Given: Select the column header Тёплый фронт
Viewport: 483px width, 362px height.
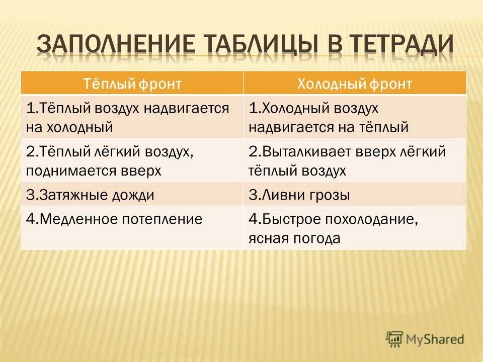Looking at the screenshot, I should (x=132, y=83).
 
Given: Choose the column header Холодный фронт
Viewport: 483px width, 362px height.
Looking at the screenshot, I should (x=354, y=83).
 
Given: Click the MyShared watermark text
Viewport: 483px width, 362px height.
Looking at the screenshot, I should (x=435, y=339).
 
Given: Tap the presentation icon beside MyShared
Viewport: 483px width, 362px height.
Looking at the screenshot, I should (x=395, y=339).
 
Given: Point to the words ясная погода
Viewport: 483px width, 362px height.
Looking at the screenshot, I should (x=294, y=238).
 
